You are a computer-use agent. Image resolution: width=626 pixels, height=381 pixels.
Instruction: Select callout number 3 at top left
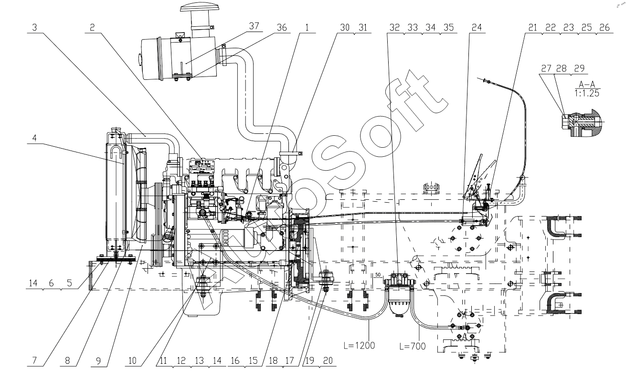click(34, 28)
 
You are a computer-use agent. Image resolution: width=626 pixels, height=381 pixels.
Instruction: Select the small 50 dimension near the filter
click(378, 275)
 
